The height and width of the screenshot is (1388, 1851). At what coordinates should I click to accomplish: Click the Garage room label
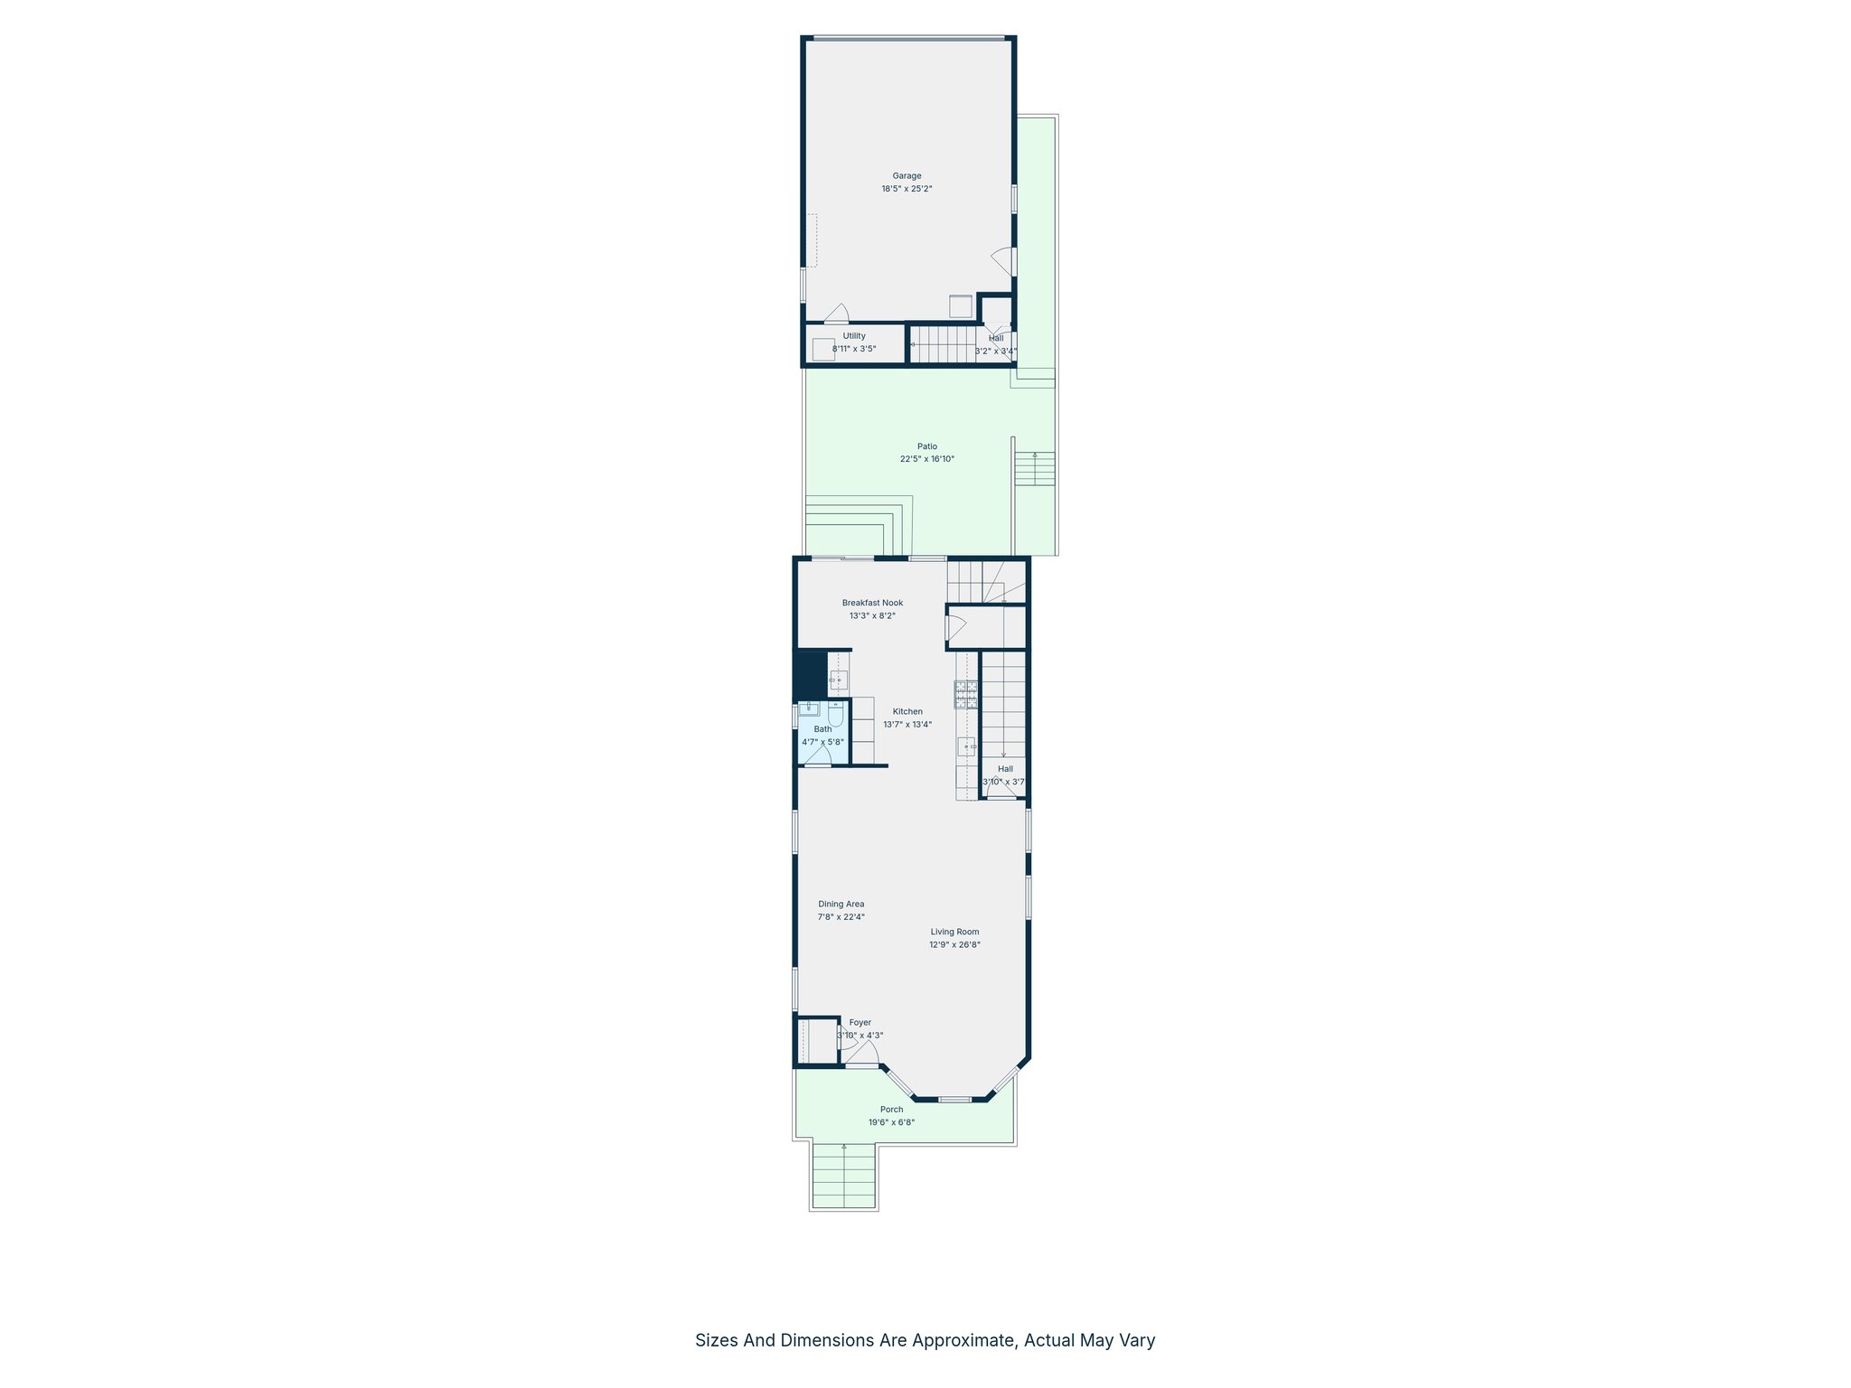tap(907, 176)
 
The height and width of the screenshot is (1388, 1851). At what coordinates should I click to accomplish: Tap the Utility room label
tap(854, 336)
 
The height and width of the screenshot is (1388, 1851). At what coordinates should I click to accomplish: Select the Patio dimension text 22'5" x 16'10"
tap(926, 459)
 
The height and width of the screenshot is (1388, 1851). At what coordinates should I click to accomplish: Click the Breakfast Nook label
tap(872, 603)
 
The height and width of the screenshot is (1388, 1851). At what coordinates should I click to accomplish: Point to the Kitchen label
tap(907, 711)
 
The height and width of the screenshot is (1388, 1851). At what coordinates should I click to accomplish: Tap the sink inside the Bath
tap(808, 708)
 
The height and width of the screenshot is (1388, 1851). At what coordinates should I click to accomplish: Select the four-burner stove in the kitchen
tap(965, 694)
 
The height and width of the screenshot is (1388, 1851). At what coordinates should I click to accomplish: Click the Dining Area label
tap(841, 904)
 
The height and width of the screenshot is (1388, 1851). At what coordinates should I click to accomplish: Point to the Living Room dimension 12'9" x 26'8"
tap(954, 945)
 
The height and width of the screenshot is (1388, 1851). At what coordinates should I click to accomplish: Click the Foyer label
tap(860, 1023)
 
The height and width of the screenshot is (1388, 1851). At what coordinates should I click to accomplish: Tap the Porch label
tap(891, 1110)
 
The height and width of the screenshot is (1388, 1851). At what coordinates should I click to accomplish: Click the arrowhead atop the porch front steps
tap(844, 1147)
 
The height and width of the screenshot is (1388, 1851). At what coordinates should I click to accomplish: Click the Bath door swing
tap(820, 756)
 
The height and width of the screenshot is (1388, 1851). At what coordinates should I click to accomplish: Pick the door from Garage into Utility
tap(836, 314)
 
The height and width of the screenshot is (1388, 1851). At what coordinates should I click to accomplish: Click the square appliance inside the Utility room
tap(822, 349)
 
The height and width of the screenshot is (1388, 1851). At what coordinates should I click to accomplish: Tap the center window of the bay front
tap(954, 1099)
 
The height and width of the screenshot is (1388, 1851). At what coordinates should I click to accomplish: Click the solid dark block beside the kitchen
tap(810, 674)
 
